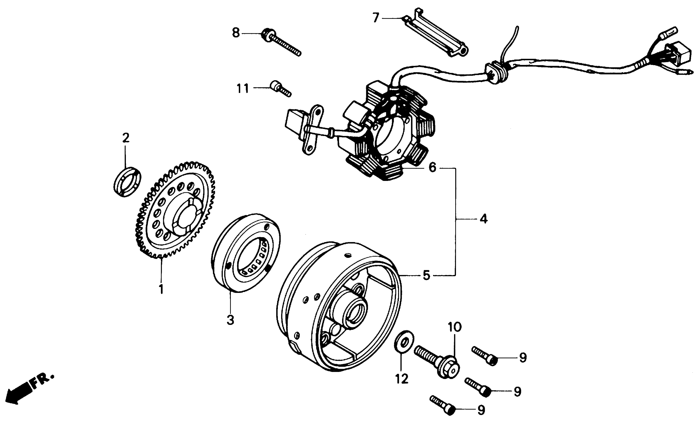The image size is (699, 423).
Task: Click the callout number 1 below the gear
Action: coord(161,289)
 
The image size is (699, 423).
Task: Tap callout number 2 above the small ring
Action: coord(126,138)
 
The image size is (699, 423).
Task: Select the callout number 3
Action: coord(230,320)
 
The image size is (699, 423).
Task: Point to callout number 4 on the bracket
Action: coord(483,219)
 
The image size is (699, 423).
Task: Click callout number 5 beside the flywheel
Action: coord(426,275)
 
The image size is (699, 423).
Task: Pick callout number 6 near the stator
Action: coord(432,167)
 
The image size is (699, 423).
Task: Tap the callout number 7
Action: coord(376,18)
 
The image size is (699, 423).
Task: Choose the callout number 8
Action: coord(236,33)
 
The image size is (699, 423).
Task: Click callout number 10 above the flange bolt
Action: coord(455,327)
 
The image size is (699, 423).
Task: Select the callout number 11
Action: coord(243,88)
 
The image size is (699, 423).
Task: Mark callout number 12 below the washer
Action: coord(402,378)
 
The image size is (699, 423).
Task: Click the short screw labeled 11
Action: coord(281,89)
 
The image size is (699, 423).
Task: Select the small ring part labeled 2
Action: coord(127,181)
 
